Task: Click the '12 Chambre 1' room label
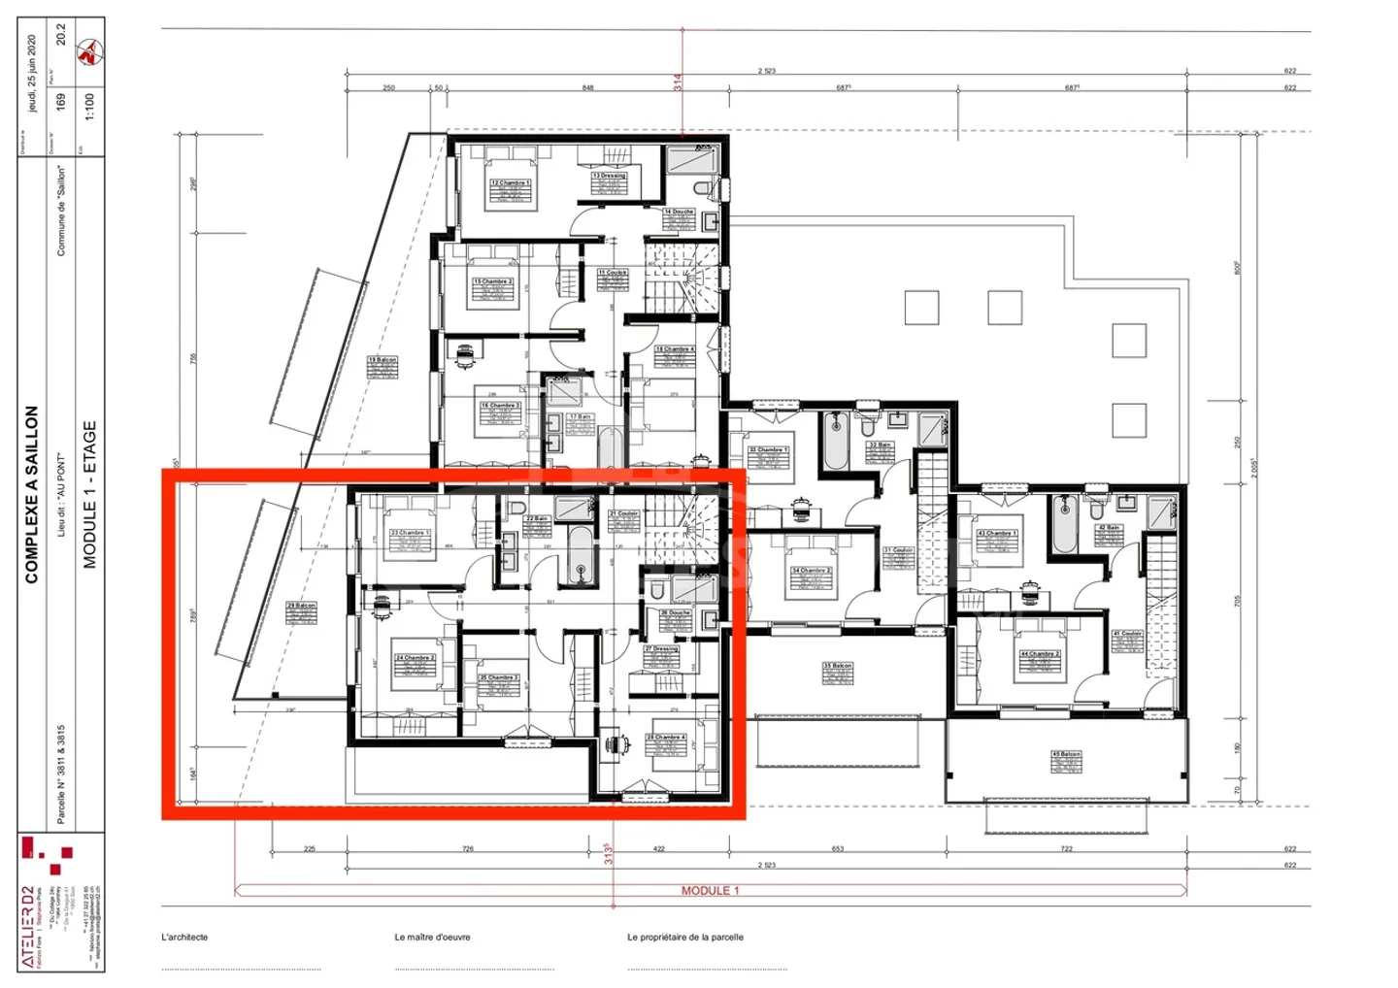tap(510, 182)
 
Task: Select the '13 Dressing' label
tap(610, 176)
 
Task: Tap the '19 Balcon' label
tap(383, 360)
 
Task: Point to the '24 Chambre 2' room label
tap(415, 658)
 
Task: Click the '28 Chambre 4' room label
tap(666, 738)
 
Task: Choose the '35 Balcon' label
tap(837, 667)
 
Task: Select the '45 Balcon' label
tap(1066, 754)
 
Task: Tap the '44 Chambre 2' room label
tap(1039, 654)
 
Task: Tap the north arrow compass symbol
tap(90, 51)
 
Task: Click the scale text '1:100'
tap(89, 106)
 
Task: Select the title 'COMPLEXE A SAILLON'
tap(31, 494)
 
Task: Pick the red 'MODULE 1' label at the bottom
tap(710, 891)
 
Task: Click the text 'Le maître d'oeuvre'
tap(432, 938)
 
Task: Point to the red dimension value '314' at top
tap(678, 82)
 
